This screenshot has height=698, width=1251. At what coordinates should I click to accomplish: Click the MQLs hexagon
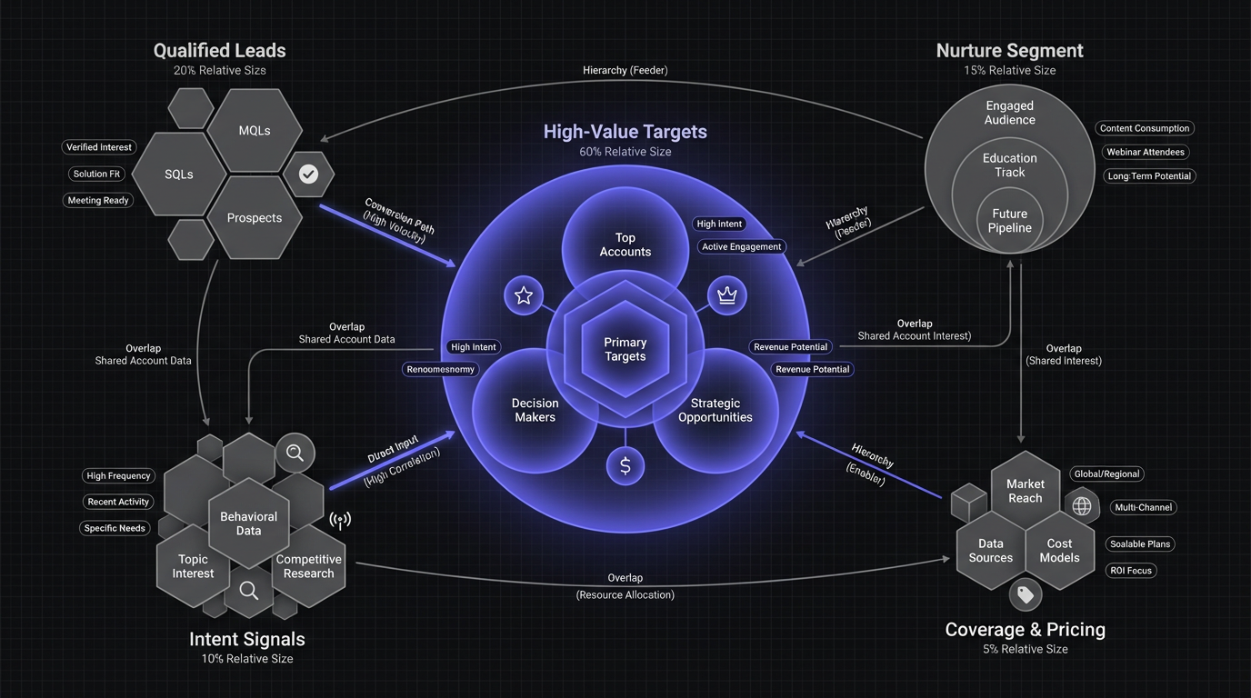(x=255, y=131)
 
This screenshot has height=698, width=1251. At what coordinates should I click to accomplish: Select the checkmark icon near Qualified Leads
(x=309, y=174)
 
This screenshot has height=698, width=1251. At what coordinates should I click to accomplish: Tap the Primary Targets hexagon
(x=625, y=349)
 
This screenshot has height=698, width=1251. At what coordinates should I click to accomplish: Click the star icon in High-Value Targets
(x=524, y=295)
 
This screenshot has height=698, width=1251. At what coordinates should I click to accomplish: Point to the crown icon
(x=726, y=295)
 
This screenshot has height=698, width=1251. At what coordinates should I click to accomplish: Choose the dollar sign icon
(x=625, y=466)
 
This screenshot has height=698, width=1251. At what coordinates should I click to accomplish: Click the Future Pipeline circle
(x=1010, y=221)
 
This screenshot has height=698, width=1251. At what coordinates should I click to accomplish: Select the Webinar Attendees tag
(x=1146, y=152)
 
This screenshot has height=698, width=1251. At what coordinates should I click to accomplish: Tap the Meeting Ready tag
(x=98, y=200)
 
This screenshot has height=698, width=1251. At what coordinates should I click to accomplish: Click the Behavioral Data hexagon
(x=248, y=523)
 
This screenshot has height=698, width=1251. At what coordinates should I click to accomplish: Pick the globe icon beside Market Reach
(x=1082, y=506)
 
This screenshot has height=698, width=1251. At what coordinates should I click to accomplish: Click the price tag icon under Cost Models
(x=1026, y=594)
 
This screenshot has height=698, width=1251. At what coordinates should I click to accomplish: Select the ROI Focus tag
(x=1131, y=571)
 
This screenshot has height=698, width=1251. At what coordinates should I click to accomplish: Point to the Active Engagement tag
(x=742, y=246)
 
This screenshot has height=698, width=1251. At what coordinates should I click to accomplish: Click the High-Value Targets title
(x=625, y=132)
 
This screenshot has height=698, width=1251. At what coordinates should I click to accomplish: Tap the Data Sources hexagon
(x=991, y=551)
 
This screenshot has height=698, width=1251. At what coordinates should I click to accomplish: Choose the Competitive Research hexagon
(x=309, y=566)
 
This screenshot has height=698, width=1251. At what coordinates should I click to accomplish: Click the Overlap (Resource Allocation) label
(x=625, y=586)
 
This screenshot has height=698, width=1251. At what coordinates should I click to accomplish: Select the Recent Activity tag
(x=119, y=502)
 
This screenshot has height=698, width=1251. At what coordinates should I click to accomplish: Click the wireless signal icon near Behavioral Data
(x=340, y=521)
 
